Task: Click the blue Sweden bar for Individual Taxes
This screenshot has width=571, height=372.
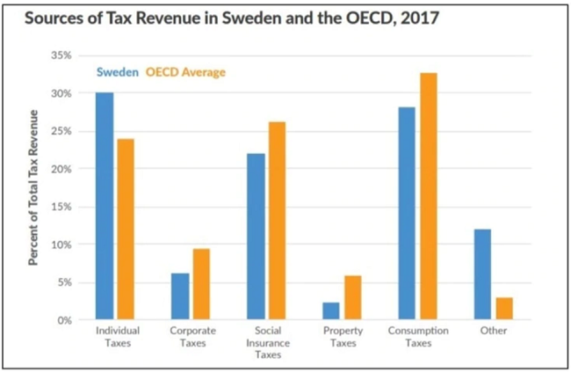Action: point(105,206)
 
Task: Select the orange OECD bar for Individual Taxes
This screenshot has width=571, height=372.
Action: point(126,230)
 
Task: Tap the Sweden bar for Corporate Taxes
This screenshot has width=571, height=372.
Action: point(180,296)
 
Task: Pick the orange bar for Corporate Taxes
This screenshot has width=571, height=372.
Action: point(201,284)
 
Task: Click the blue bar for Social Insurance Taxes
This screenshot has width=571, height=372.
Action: point(256,237)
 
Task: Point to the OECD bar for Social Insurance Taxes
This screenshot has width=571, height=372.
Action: point(277,221)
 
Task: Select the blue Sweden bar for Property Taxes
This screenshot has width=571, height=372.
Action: point(331,311)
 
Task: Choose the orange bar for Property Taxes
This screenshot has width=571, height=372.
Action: point(353,297)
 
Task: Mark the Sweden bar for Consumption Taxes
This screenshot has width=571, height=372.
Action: point(407,214)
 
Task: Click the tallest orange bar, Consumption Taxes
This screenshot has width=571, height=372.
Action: point(429,196)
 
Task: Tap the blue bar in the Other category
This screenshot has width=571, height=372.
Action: point(482,274)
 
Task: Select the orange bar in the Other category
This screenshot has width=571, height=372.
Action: point(504,309)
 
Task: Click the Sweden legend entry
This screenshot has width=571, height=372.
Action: point(118,72)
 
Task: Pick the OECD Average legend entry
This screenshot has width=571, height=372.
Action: point(185,72)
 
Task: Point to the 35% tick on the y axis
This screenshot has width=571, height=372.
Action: point(61,55)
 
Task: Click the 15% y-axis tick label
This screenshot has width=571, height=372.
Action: point(61,207)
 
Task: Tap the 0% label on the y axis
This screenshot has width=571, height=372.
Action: point(64,321)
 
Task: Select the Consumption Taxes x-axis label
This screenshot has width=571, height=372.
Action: point(418,337)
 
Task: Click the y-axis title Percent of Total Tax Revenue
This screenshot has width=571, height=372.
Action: point(33,187)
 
